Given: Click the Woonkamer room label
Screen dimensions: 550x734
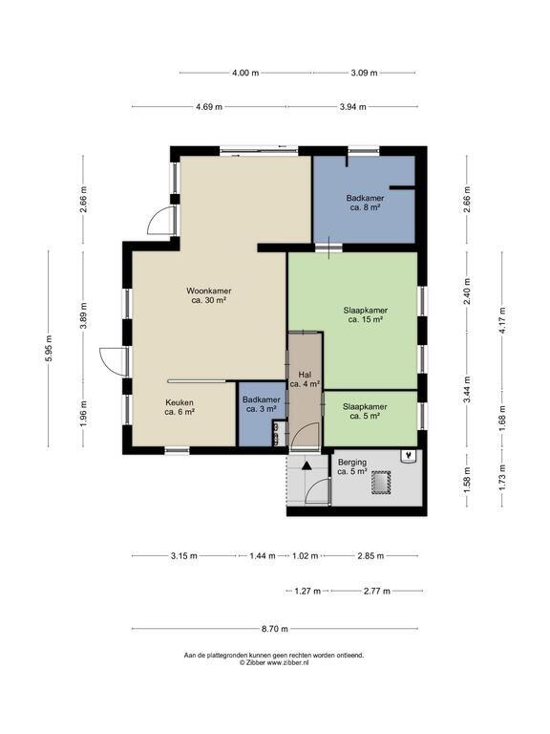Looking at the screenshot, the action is click(x=208, y=295).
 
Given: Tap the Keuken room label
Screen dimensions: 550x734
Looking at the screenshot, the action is click(x=180, y=407).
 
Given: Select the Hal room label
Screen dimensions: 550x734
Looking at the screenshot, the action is click(x=305, y=379).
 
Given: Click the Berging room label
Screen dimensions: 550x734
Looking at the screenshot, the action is click(x=352, y=466).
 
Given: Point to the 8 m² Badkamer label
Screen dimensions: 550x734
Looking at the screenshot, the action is click(x=365, y=203).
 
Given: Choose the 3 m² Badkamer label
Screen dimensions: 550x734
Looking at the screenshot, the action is click(x=262, y=404).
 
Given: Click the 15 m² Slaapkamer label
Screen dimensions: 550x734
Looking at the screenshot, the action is click(x=366, y=314).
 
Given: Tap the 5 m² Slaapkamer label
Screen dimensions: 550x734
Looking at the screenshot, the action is click(x=365, y=411).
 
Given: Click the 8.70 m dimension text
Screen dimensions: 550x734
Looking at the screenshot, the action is click(x=275, y=629).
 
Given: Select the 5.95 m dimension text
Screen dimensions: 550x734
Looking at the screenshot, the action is click(x=49, y=349).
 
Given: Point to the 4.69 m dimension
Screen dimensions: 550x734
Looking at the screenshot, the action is click(x=209, y=107).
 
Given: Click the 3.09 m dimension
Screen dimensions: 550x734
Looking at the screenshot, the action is click(x=364, y=73).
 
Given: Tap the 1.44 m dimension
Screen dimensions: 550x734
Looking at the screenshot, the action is click(x=263, y=556).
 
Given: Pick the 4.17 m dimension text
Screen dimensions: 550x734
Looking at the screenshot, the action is click(x=503, y=320).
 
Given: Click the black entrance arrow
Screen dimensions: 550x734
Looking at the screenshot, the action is click(x=307, y=465).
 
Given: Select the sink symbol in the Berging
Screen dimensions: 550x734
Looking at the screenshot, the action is click(x=410, y=456).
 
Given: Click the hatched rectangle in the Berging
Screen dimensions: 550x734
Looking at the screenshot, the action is click(x=381, y=482).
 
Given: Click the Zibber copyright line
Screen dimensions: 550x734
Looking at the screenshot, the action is click(x=274, y=662).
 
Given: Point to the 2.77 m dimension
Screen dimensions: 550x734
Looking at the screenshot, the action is click(x=377, y=592).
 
